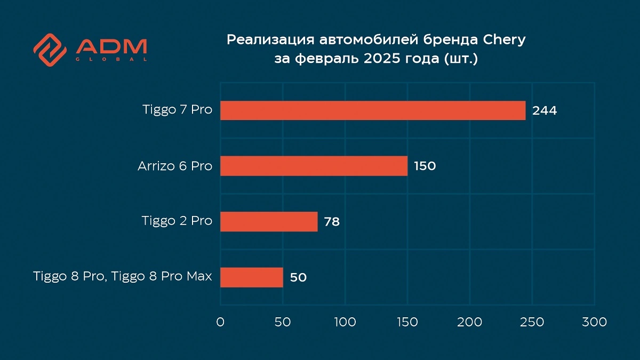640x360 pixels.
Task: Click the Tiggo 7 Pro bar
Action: point(373,110)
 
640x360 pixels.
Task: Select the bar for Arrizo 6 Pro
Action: point(314,166)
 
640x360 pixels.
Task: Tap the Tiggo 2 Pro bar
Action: point(269,221)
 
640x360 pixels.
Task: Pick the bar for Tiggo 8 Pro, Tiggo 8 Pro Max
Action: point(251,277)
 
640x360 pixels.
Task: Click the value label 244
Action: point(545,111)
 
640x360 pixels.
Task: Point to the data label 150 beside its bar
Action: point(425,166)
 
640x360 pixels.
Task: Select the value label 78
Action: point(332,222)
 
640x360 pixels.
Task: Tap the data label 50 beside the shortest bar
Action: point(299,277)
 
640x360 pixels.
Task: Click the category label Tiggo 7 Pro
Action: point(177,110)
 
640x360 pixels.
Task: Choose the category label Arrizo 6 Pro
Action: point(175,166)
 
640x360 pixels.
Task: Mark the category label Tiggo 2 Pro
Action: point(177,221)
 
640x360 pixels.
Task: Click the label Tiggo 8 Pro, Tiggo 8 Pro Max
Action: point(123,277)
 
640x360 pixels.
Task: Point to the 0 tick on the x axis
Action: point(220,322)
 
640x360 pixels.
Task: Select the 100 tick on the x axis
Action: point(345,322)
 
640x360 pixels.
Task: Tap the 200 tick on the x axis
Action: point(470,322)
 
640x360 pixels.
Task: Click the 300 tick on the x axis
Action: point(595,322)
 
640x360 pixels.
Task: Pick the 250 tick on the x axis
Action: point(532,322)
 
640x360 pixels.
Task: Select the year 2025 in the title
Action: point(382,59)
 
